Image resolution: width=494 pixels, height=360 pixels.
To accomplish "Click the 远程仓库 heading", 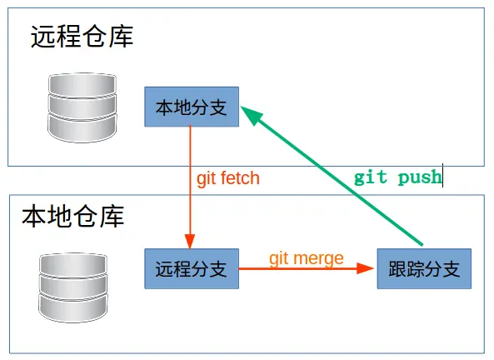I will (x=82, y=37).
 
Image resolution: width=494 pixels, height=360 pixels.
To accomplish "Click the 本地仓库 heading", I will (x=73, y=217).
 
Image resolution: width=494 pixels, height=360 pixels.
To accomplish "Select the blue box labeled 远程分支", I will (x=192, y=269).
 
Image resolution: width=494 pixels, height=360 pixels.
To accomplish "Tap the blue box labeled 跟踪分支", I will (x=424, y=269).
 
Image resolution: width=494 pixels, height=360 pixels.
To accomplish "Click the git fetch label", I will (x=227, y=178).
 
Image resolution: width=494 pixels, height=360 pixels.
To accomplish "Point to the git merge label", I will (x=306, y=258).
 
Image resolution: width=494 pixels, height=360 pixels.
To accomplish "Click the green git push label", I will (x=397, y=177).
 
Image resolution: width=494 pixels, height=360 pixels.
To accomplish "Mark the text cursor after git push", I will (x=442, y=175).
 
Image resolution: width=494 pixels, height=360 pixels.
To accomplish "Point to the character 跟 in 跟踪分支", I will (x=397, y=269).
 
